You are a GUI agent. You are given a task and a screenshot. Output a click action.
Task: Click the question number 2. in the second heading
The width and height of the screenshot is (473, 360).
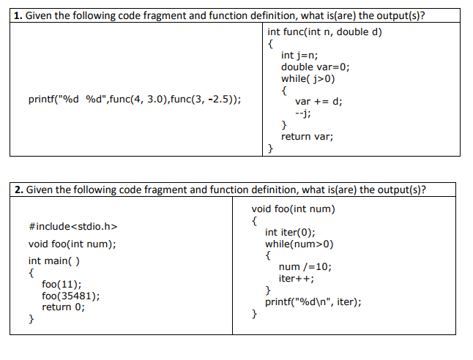tap(20, 190)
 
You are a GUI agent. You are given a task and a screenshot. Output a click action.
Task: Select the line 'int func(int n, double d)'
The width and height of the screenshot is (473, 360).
tap(324, 31)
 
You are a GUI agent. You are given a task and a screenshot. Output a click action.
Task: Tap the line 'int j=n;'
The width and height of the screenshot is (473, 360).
tap(299, 55)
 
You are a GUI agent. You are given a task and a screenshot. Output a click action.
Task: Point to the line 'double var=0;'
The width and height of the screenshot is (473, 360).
tap(316, 67)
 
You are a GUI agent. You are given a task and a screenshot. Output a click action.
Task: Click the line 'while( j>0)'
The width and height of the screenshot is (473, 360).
tap(308, 78)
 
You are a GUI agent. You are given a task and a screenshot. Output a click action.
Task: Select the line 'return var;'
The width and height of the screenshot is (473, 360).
tap(307, 136)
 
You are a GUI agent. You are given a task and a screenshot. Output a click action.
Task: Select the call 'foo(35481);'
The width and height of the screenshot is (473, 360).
tap(71, 296)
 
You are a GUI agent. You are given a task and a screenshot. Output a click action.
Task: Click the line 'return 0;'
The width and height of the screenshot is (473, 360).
tap(63, 307)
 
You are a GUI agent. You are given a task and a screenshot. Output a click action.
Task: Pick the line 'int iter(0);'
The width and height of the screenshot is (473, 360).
tap(290, 232)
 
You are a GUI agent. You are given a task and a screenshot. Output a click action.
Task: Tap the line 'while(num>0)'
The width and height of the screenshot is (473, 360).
tap(299, 244)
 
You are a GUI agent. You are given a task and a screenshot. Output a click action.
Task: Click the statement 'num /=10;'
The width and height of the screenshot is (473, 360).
tap(305, 267)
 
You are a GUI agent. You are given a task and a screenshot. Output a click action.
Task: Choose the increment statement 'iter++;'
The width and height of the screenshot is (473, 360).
tap(297, 279)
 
